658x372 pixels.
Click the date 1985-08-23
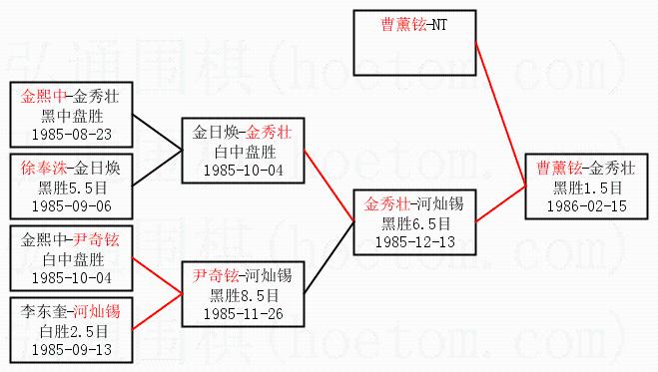[x=72, y=135]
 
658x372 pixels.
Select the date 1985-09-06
[x=72, y=206]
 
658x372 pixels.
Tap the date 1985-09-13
[x=72, y=350]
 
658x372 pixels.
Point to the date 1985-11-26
[x=244, y=314]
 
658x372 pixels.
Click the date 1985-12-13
[x=415, y=242]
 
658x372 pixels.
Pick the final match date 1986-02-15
[x=587, y=206]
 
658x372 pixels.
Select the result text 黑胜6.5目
[x=415, y=223]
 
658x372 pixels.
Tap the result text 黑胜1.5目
[x=587, y=187]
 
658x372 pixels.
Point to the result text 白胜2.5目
[x=74, y=331]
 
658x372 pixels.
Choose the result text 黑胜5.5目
[x=73, y=187]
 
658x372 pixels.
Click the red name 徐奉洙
[x=44, y=169]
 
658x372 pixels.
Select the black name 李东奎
[x=44, y=312]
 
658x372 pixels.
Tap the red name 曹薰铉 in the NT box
[x=403, y=24]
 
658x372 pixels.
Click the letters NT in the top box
[x=439, y=25]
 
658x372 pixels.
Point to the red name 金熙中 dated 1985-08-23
[x=44, y=97]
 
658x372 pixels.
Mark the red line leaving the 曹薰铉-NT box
[x=500, y=115]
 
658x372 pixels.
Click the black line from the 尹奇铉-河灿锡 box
[x=329, y=257]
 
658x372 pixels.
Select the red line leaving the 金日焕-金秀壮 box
[x=329, y=186]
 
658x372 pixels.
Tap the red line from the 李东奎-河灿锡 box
[x=158, y=312]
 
